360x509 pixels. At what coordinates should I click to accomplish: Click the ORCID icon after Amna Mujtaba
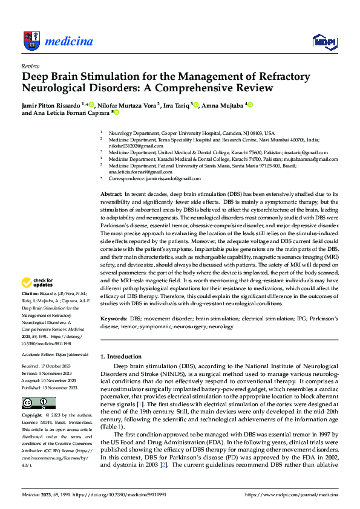point(250,105)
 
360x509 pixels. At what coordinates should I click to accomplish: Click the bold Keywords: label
point(114,317)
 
